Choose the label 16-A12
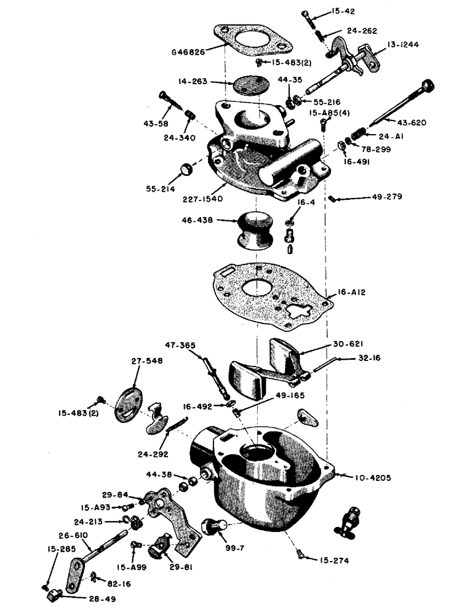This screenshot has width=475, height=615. pyautogui.click(x=353, y=292)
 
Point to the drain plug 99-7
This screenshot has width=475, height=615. pyautogui.click(x=214, y=526)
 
